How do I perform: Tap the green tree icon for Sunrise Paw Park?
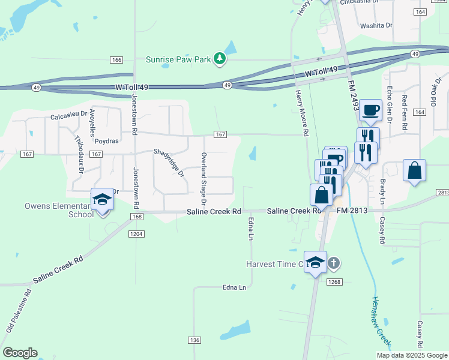click(x=221, y=58)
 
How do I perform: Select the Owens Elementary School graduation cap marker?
click(x=102, y=199)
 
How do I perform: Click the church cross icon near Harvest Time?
click(x=334, y=263)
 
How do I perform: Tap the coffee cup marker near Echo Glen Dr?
click(x=371, y=110)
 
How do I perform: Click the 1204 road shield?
click(x=136, y=233)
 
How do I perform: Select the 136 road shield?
click(x=194, y=340)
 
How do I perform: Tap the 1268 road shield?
click(x=334, y=281)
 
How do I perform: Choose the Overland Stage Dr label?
click(x=204, y=170)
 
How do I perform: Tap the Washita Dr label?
click(x=376, y=26)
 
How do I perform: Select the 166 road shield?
click(x=116, y=59)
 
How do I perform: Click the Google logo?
click(x=20, y=353)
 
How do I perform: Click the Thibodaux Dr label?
click(x=79, y=155)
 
